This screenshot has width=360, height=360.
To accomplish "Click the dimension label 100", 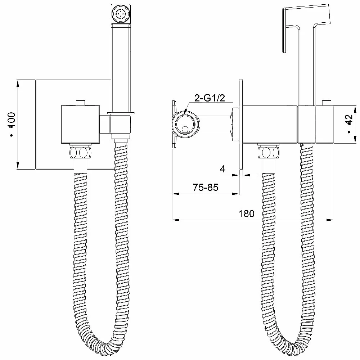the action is pos(12,120).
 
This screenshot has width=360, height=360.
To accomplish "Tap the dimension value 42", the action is pos(348,120).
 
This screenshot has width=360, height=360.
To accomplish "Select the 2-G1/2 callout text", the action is pos(210,98).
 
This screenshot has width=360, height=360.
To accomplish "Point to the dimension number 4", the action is pos(222,169).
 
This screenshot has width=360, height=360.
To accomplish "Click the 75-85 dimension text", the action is pos(206,187).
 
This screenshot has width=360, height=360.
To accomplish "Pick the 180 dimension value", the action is pos(247,214).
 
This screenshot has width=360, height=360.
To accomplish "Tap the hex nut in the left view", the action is pos(80,152).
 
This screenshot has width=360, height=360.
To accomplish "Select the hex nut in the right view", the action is pos(269,152).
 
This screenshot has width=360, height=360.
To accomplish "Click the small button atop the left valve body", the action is pos(80,103).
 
